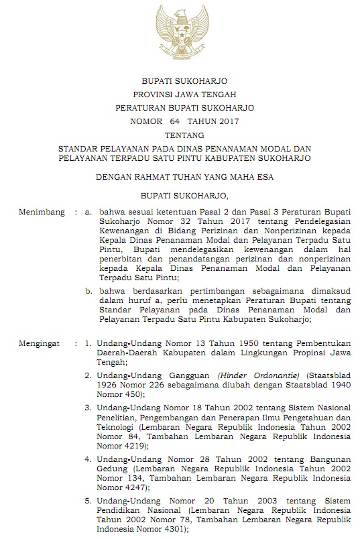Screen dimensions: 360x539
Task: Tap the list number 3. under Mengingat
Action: [x=88, y=407]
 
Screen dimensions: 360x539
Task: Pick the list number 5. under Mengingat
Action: [x=88, y=501]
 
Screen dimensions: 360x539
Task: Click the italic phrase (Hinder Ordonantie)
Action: [x=261, y=375]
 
